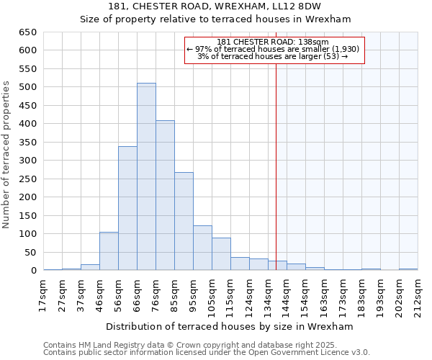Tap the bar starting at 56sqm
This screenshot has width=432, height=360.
(127, 208)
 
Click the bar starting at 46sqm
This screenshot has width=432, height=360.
(109, 251)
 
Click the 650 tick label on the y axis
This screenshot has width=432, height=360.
(27, 32)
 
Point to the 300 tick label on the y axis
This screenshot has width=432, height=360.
(27, 161)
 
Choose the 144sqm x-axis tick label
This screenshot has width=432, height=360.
(285, 294)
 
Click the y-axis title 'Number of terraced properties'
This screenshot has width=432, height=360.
(7, 155)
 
